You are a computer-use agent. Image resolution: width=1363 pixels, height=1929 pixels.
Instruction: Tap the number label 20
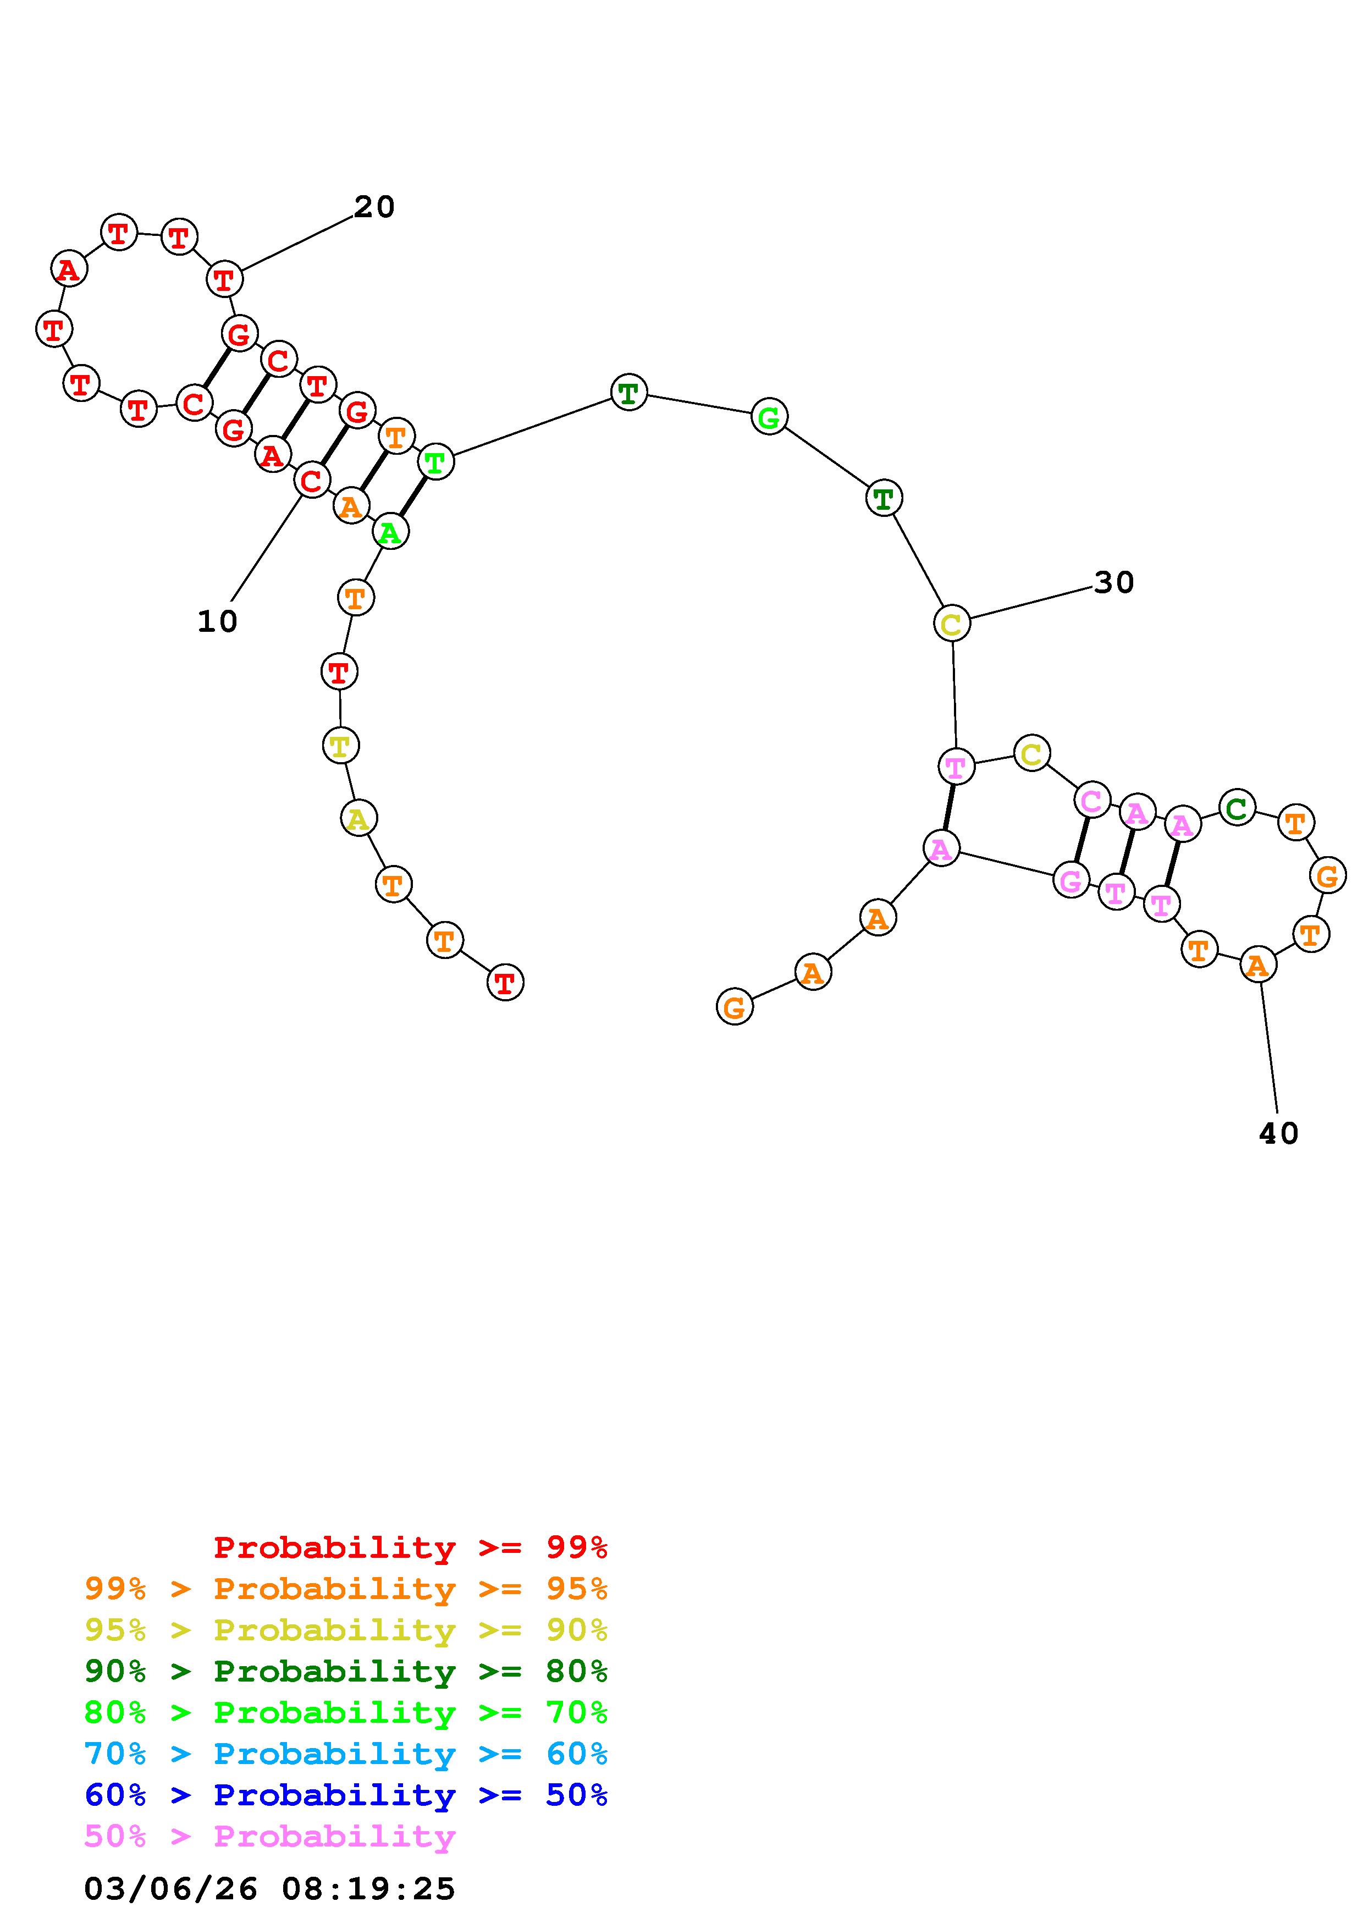[x=374, y=207]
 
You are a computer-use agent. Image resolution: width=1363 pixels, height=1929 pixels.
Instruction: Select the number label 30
[x=1113, y=582]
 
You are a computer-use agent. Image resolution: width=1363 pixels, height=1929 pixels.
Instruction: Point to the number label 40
[x=1278, y=1134]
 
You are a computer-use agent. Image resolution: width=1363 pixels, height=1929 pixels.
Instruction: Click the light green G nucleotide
[x=769, y=417]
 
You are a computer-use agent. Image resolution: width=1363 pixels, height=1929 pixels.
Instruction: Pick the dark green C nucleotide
[x=1236, y=809]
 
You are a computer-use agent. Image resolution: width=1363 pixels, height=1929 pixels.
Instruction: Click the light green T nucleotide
[x=435, y=461]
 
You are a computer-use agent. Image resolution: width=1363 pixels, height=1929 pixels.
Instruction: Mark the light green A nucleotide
[x=390, y=532]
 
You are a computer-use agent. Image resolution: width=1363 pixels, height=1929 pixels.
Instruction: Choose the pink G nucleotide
[x=1070, y=880]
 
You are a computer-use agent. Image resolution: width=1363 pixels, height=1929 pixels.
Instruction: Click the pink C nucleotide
[x=1092, y=800]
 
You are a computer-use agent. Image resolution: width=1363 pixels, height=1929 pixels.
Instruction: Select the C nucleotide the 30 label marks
[x=952, y=624]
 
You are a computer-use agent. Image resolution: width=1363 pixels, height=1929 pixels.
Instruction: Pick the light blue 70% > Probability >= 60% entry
[x=346, y=1754]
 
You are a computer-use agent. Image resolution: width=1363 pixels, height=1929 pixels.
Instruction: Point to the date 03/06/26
[x=170, y=1889]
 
